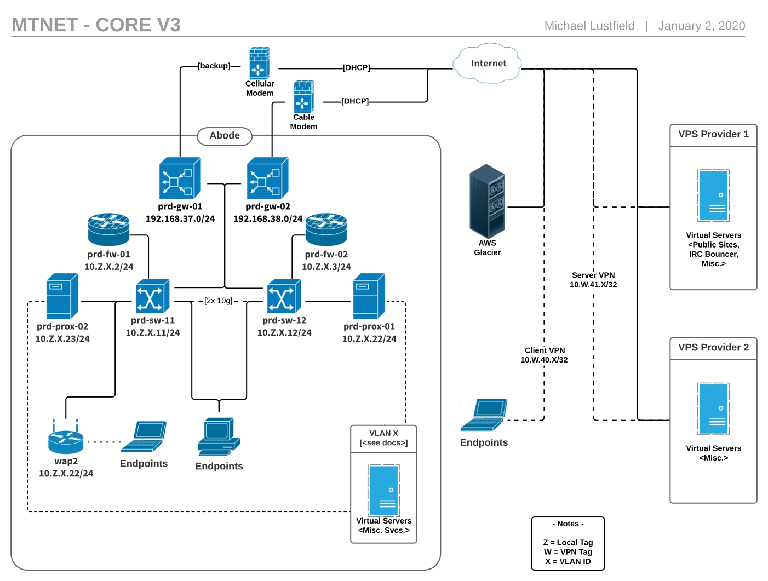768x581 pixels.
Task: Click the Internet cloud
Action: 488,64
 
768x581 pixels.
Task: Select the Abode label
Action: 225,136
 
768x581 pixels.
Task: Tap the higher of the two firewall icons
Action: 260,63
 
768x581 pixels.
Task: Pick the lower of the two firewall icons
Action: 304,96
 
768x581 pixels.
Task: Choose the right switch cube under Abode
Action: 267,178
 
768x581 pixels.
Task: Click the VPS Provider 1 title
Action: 713,134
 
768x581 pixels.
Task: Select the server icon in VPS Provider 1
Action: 714,195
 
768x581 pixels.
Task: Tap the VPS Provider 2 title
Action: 713,347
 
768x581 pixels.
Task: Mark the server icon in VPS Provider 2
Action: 714,409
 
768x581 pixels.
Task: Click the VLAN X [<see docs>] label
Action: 383,438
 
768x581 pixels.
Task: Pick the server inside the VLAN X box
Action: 383,491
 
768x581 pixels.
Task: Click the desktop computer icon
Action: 218,436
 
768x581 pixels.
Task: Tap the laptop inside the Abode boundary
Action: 144,437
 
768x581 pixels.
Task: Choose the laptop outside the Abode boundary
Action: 484,415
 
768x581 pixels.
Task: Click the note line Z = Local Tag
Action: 568,542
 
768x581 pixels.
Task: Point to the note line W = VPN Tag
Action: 568,551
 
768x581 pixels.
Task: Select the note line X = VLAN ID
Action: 568,561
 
